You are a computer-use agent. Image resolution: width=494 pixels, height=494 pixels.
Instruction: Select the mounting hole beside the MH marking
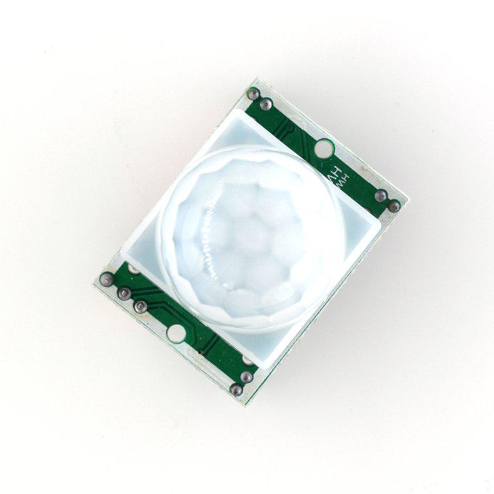point(322,149)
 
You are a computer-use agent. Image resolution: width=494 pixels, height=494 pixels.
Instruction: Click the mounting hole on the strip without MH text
point(177,333)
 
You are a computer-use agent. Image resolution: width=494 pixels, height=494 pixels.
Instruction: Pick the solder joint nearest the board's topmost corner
point(253,94)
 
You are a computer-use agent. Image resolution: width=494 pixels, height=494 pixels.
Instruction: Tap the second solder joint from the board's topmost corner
point(266,103)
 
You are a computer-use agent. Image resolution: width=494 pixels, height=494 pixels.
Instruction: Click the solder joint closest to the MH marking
point(380,196)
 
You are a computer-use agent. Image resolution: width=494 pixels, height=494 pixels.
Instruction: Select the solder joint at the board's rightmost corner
point(394,205)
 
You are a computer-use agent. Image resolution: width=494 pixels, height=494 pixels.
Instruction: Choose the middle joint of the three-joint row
point(124,293)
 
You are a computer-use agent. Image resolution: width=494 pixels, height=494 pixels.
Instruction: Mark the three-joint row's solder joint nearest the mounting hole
point(141,306)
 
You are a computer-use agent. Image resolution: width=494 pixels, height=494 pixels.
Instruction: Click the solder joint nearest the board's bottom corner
point(236,390)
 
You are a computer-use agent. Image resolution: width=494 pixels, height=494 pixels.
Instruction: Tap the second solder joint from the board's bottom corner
point(246,376)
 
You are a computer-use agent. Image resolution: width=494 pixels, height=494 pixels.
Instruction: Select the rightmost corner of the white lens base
point(380,219)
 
